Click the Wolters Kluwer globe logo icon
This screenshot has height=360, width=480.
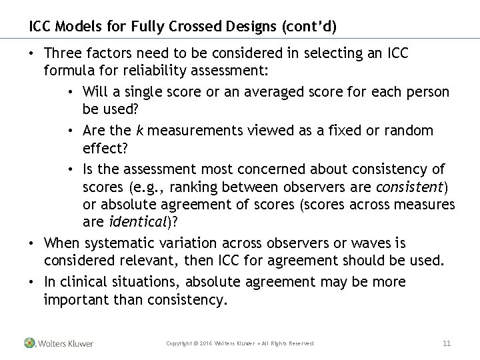tap(29, 343)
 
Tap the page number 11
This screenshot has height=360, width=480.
tap(447, 343)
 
